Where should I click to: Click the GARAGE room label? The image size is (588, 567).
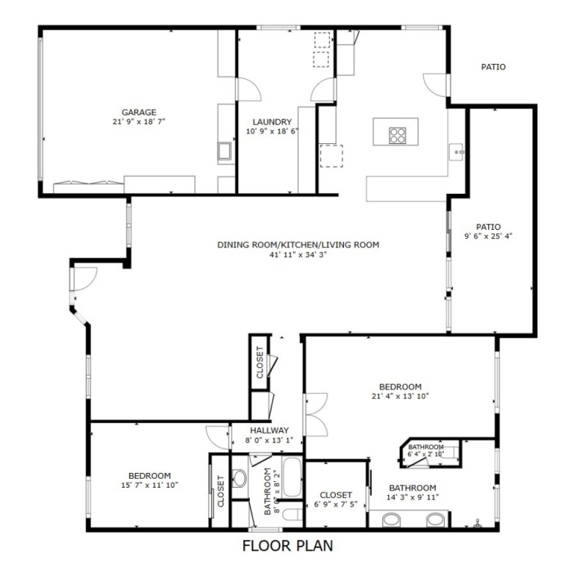point(139,112)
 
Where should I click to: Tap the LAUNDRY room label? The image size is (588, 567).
point(272,122)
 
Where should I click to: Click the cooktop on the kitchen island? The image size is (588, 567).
point(398,135)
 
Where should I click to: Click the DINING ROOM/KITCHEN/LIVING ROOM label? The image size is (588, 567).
point(298,245)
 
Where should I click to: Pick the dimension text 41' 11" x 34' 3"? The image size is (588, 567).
point(298,254)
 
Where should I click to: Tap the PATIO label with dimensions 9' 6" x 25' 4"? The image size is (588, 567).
point(487,227)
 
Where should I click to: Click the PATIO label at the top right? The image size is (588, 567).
point(493,67)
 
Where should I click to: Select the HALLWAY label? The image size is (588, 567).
point(269,430)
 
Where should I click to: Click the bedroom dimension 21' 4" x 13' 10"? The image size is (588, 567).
point(400,396)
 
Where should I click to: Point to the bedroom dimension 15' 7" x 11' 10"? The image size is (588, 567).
point(150,485)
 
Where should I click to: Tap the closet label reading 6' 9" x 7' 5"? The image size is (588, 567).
point(336,505)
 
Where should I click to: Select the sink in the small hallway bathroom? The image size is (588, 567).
point(240,478)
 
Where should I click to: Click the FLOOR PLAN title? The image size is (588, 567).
point(287,546)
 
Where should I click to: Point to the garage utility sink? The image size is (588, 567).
point(225,152)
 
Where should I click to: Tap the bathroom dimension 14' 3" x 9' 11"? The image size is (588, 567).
point(412,497)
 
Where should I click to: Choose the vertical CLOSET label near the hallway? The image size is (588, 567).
point(260,361)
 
